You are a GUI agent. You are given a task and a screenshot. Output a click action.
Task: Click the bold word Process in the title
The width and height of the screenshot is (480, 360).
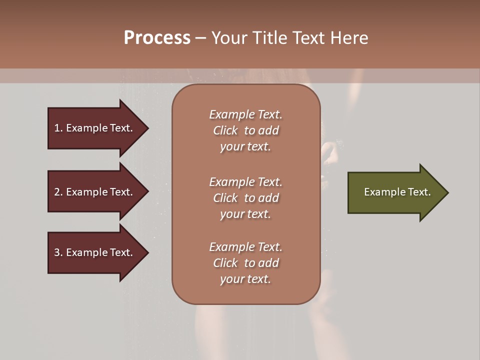pyautogui.click(x=157, y=38)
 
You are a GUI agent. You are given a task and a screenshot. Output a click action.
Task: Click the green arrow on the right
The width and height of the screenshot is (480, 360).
pyautogui.click(x=395, y=192)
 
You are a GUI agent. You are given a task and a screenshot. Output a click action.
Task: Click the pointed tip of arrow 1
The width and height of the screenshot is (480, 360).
pyautogui.click(x=147, y=128)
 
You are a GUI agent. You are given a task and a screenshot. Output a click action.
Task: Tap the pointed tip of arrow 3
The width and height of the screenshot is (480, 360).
pyautogui.click(x=147, y=252)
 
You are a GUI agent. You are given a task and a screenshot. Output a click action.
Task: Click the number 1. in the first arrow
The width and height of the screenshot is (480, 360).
pyautogui.click(x=58, y=128)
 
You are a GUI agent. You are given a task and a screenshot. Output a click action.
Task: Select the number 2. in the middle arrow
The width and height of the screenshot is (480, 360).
pyautogui.click(x=58, y=192)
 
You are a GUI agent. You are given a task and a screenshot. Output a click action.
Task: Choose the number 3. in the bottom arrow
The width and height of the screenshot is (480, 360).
pyautogui.click(x=58, y=252)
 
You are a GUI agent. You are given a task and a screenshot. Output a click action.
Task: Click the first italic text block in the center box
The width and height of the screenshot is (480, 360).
pyautogui.click(x=245, y=130)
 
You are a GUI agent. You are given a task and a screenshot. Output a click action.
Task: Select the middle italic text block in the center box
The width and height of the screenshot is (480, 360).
pyautogui.click(x=245, y=198)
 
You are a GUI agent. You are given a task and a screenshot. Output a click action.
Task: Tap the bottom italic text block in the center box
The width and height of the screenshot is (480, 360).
pyautogui.click(x=245, y=263)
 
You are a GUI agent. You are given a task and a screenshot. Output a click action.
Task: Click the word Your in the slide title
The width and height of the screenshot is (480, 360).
pyautogui.click(x=227, y=38)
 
